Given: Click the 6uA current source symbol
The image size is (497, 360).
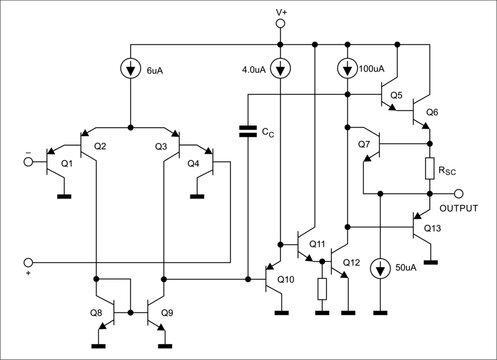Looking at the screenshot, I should (131, 71).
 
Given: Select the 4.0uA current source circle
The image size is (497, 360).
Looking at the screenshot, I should (281, 71).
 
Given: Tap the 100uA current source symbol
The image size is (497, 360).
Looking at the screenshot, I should (346, 71).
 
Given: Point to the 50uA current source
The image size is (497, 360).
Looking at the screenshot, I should (381, 269).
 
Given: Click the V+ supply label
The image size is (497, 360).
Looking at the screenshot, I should (281, 12).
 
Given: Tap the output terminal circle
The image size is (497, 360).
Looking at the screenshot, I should (458, 193).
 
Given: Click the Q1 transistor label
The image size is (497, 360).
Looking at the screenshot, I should (67, 163).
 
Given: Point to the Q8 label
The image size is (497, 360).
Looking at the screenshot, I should (96, 313).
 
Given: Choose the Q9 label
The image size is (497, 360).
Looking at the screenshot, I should (166, 313).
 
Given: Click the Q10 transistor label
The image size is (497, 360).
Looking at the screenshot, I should (286, 279).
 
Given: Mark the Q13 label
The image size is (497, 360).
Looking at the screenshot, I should (432, 228).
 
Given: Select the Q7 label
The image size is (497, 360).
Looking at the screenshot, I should (362, 146).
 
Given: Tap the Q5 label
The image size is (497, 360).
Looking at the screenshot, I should (396, 96).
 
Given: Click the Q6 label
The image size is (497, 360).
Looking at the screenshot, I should (431, 112).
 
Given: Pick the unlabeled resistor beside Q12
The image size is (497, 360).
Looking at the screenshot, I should (322, 289).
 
